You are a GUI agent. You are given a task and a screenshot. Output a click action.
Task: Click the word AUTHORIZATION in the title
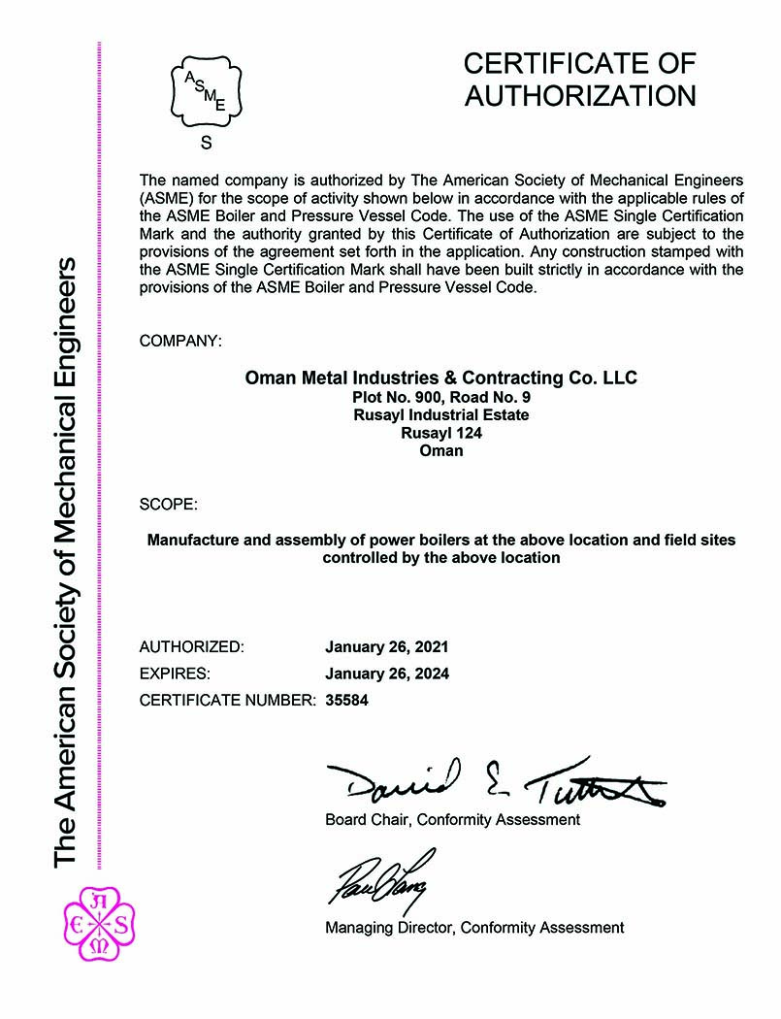(x=579, y=96)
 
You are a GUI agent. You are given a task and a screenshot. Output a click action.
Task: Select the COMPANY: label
(x=180, y=341)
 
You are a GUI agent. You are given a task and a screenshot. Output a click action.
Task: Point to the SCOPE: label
(x=169, y=505)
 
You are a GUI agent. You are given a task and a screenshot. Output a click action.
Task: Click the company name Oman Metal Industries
(x=441, y=378)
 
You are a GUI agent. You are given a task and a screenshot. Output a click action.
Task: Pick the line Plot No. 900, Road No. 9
(x=441, y=398)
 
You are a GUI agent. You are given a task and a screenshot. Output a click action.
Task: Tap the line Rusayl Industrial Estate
(x=441, y=415)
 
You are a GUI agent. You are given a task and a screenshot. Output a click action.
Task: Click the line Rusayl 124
(x=441, y=433)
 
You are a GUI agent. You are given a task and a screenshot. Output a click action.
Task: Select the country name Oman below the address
(x=441, y=450)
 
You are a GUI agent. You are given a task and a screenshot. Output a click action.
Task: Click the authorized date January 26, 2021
(x=387, y=646)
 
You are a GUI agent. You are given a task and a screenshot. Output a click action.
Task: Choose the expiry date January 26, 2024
(x=387, y=673)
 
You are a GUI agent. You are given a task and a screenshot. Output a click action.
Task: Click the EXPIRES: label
(x=175, y=673)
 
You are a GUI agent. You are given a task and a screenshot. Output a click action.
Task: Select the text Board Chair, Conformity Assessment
(x=452, y=820)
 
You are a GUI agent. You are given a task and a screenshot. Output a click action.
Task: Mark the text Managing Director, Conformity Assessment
(x=474, y=928)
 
